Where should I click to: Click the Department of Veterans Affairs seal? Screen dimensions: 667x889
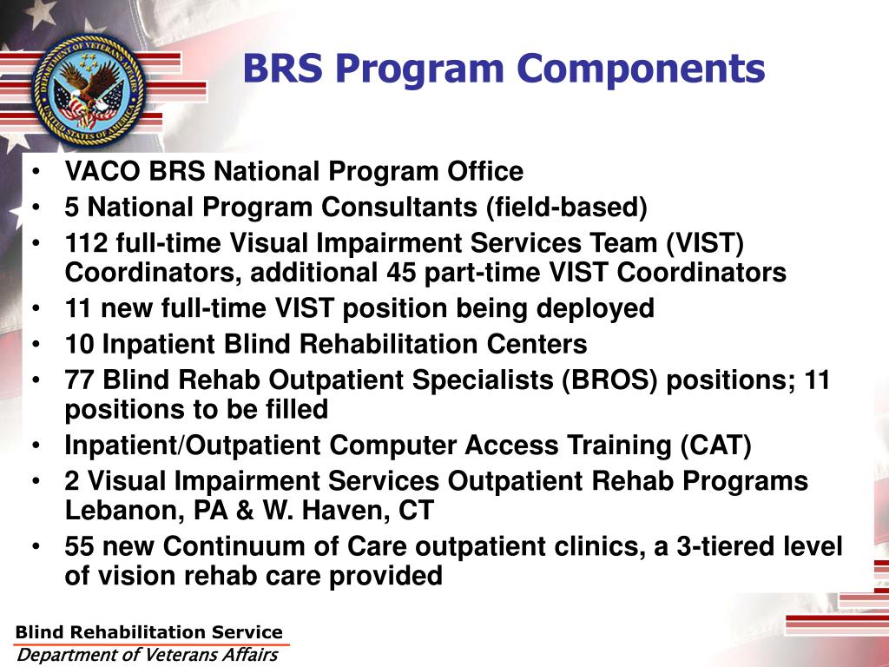pyautogui.click(x=87, y=84)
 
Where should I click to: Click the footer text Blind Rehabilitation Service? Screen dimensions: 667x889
pyautogui.click(x=149, y=632)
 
